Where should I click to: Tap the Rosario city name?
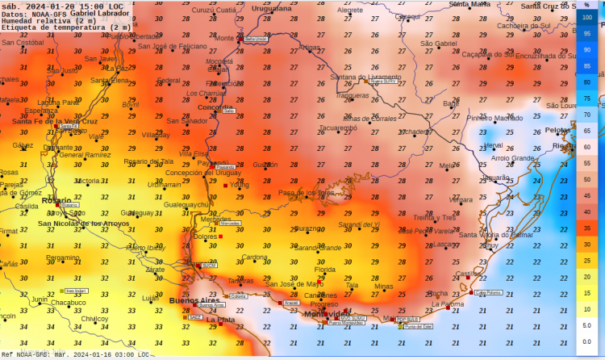pyautogui.click(x=56, y=200)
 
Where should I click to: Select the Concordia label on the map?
pyautogui.click(x=215, y=107)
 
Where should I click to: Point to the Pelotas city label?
pyautogui.click(x=557, y=129)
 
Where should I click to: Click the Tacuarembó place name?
pyautogui.click(x=337, y=128)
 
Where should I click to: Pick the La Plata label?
pyautogui.click(x=221, y=320)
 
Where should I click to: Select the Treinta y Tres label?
pyautogui.click(x=435, y=218)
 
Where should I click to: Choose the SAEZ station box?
pyautogui.click(x=195, y=317)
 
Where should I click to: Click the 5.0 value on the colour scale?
pyautogui.click(x=587, y=325)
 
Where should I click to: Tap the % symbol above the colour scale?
pyautogui.click(x=587, y=5)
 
